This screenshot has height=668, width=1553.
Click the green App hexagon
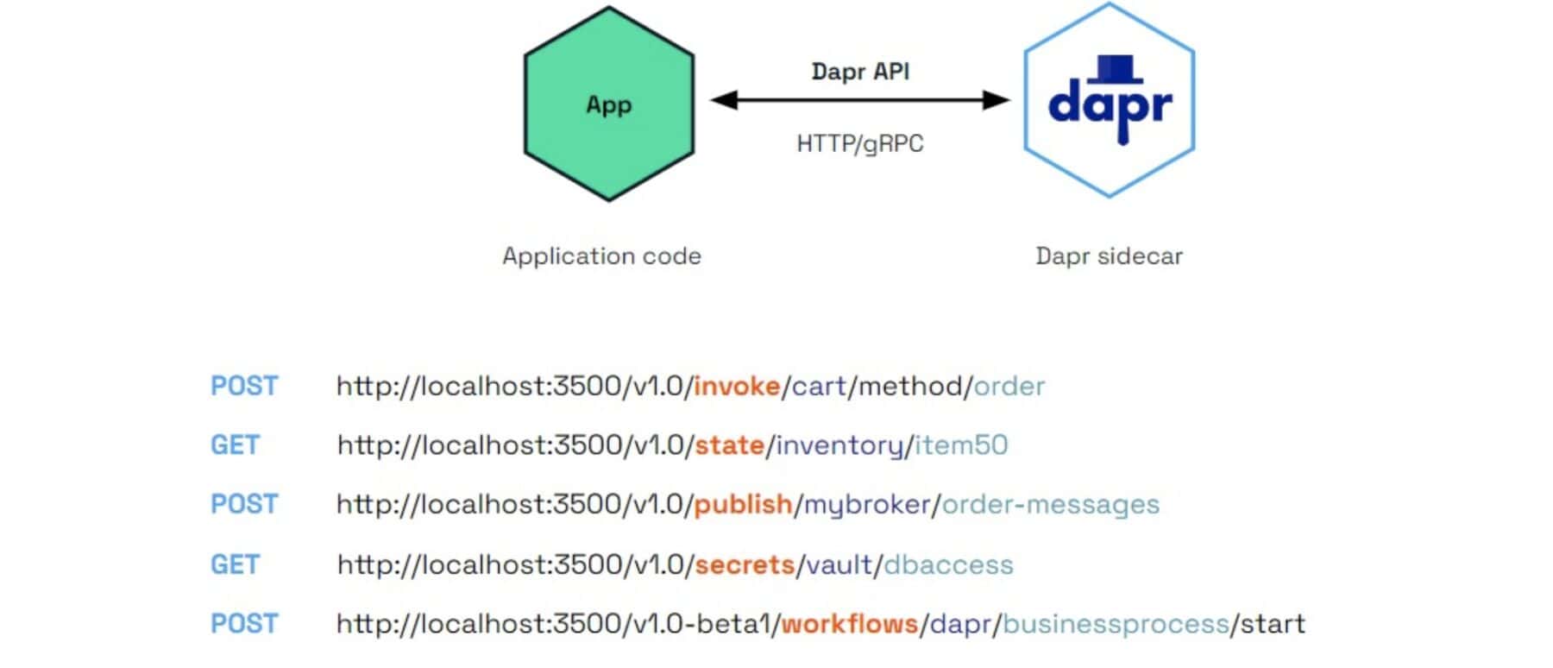click(608, 104)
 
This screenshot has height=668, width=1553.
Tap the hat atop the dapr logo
click(1113, 68)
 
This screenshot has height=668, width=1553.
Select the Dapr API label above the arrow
click(860, 72)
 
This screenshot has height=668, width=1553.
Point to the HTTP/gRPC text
click(859, 143)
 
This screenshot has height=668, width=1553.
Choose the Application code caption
click(601, 256)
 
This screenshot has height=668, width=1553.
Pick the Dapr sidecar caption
click(1109, 256)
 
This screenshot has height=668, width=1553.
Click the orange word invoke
click(736, 386)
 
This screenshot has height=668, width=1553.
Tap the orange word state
click(729, 445)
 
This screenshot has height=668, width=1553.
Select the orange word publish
click(743, 504)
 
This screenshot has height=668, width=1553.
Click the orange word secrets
click(744, 564)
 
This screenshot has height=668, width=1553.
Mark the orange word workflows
click(849, 623)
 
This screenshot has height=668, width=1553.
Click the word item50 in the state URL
click(961, 445)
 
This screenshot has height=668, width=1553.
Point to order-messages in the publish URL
click(1050, 504)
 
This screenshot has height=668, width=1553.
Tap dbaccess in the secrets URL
click(948, 564)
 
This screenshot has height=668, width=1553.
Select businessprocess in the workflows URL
click(1116, 623)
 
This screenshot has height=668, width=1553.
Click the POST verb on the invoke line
click(244, 386)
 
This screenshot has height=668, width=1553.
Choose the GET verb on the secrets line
click(235, 564)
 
